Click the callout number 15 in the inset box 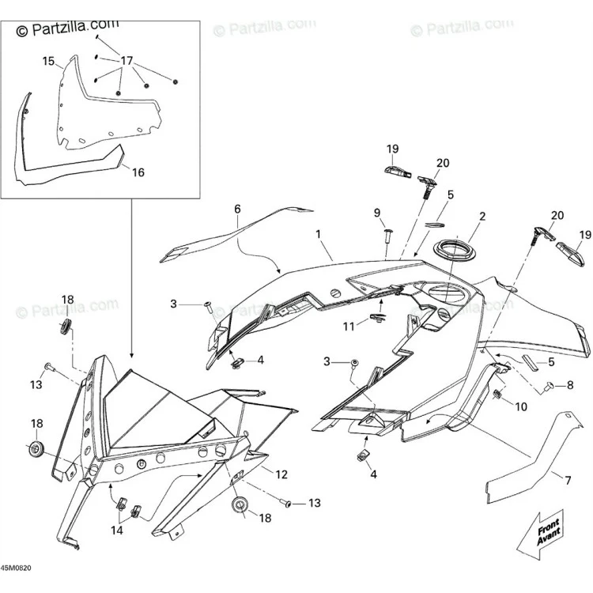coord(48,61)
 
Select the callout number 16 coord(138,172)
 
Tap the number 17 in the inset coord(127,61)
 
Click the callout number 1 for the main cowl coord(318,234)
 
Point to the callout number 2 coord(482,217)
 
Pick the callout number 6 coord(237,209)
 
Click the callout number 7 coord(568,481)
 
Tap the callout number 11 coord(349,327)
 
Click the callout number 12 coord(281,474)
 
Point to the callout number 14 coord(117,531)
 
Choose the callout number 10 coord(521,406)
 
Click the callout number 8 coord(570,385)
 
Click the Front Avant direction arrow coord(540,534)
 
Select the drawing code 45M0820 coord(16,568)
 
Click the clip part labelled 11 coord(376,318)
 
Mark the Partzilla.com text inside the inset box coord(67,28)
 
